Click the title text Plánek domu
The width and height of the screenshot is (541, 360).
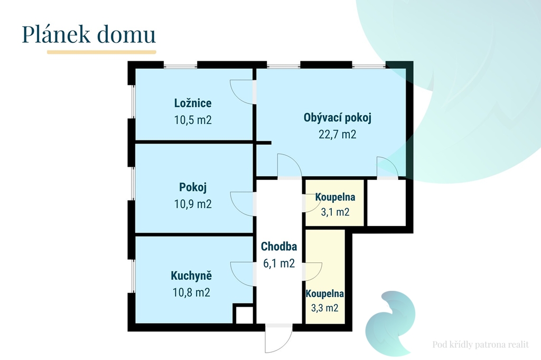(x=89, y=34)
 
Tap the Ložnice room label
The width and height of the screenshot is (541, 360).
(x=192, y=103)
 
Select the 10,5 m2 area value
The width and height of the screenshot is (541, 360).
(x=192, y=120)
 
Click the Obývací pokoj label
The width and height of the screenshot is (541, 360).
(x=338, y=118)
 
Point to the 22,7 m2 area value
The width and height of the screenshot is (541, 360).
(x=337, y=134)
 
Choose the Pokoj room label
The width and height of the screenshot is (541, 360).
(x=192, y=187)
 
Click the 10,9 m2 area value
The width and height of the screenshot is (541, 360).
(x=192, y=204)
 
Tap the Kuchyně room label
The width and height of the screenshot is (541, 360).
(x=191, y=276)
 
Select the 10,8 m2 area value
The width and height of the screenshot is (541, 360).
(x=191, y=292)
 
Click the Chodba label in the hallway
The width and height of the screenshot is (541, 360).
(x=279, y=247)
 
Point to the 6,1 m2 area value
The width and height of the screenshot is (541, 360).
(x=279, y=263)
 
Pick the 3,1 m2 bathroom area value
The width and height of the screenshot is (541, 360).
(x=335, y=212)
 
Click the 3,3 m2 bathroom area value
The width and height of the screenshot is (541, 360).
(x=325, y=308)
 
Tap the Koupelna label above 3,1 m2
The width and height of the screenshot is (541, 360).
(x=335, y=197)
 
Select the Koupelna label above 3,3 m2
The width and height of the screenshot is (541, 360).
(x=325, y=293)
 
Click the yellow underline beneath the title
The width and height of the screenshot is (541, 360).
(x=101, y=52)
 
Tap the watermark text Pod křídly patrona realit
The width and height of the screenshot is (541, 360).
(x=480, y=345)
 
